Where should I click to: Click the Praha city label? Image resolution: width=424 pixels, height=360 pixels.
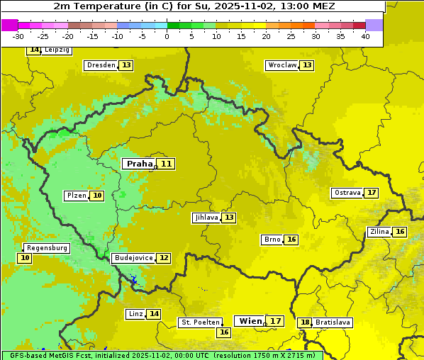(x=139, y=164)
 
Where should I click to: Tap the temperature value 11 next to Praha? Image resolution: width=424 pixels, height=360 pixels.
(x=166, y=164)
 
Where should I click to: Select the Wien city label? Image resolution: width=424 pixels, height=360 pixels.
(x=250, y=321)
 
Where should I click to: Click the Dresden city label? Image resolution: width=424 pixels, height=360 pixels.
(x=101, y=65)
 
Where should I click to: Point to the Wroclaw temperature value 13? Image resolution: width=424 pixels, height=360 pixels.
(x=306, y=65)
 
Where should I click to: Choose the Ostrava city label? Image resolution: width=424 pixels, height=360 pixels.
(x=347, y=193)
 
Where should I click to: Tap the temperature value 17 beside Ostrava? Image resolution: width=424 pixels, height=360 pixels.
(x=372, y=193)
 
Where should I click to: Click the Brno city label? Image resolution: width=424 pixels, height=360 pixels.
(x=272, y=240)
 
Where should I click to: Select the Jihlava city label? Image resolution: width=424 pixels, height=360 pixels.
(x=206, y=218)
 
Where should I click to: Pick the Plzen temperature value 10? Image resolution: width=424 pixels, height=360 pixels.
(x=96, y=196)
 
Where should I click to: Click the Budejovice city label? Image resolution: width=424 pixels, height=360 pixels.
(x=133, y=258)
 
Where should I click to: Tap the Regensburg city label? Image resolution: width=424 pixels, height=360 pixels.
(x=47, y=248)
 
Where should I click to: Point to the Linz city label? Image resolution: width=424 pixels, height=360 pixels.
(x=135, y=314)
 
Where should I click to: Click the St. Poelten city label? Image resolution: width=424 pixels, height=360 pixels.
(x=200, y=322)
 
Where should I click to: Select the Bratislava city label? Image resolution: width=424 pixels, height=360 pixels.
(x=333, y=322)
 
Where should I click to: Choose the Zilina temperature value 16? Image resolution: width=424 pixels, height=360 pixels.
(x=400, y=232)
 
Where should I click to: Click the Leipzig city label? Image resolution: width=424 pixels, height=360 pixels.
(x=57, y=50)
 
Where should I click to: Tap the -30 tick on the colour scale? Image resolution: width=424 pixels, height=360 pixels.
(x=18, y=36)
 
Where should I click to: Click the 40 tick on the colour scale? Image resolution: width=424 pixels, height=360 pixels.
(x=365, y=36)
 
